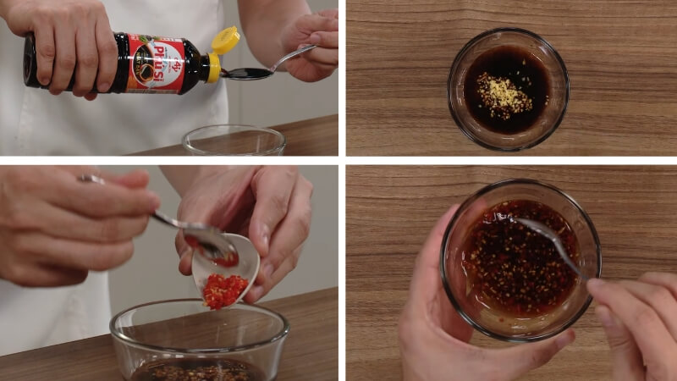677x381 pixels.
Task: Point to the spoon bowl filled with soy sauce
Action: [242, 74]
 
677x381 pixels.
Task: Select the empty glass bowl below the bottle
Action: [234, 141]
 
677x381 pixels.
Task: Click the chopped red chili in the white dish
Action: [224, 290]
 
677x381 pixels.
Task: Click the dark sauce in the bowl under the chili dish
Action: [195, 371]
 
